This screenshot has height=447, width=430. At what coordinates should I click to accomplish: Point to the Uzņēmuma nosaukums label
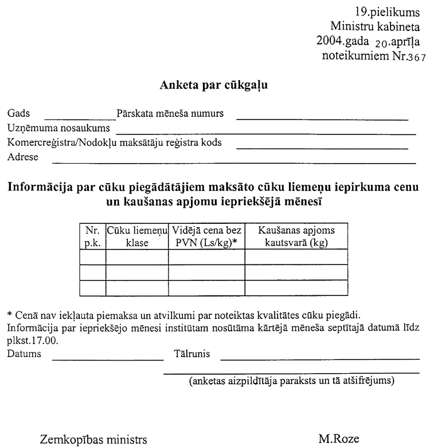click(x=58, y=127)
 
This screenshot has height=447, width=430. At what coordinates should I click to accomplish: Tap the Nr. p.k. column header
click(x=92, y=236)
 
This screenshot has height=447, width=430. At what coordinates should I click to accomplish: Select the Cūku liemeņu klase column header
click(x=137, y=236)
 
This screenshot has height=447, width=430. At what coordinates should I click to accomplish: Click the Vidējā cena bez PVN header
click(x=206, y=236)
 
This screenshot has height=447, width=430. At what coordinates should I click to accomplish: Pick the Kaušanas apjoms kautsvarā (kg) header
click(x=296, y=236)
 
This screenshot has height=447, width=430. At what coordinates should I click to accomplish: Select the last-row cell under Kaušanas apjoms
click(x=296, y=287)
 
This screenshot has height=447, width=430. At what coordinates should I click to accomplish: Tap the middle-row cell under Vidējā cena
click(x=206, y=272)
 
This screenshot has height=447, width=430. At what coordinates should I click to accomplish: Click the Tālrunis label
click(x=191, y=354)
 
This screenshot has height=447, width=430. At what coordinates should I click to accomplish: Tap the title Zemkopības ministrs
click(x=93, y=440)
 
